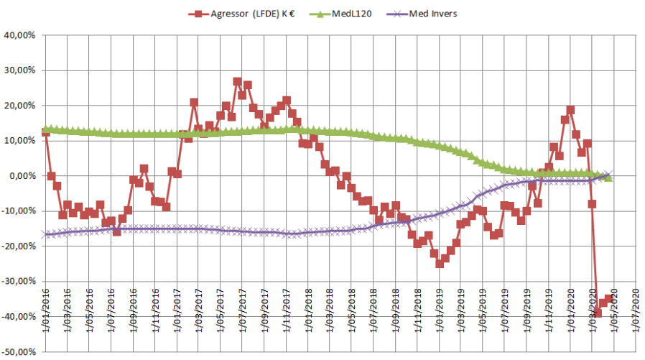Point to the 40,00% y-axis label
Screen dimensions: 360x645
point(21,35)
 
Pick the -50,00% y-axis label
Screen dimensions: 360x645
point(19,352)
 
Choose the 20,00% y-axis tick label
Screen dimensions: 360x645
point(21,106)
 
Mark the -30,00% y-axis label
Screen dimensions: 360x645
point(19,282)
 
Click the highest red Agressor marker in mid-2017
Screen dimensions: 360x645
point(237,82)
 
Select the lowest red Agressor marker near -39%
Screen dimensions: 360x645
point(598,313)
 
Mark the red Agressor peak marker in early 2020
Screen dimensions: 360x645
point(570,110)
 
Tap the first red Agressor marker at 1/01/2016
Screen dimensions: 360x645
point(46,132)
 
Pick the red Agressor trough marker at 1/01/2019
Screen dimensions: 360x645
point(440,264)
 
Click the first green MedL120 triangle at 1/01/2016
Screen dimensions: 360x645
point(46,128)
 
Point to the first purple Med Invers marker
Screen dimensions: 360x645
point(46,234)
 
